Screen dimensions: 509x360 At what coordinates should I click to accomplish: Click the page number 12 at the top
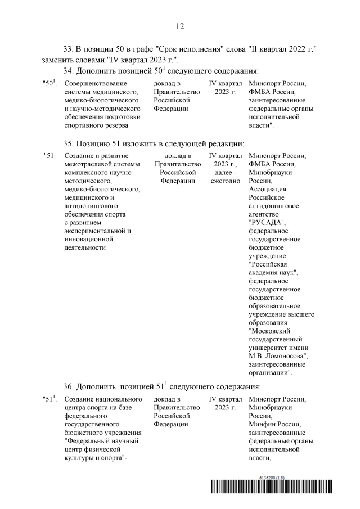coord(180,26)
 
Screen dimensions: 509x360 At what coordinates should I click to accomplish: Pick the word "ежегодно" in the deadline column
coord(225,181)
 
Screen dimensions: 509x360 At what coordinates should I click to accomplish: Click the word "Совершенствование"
coord(93,83)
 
